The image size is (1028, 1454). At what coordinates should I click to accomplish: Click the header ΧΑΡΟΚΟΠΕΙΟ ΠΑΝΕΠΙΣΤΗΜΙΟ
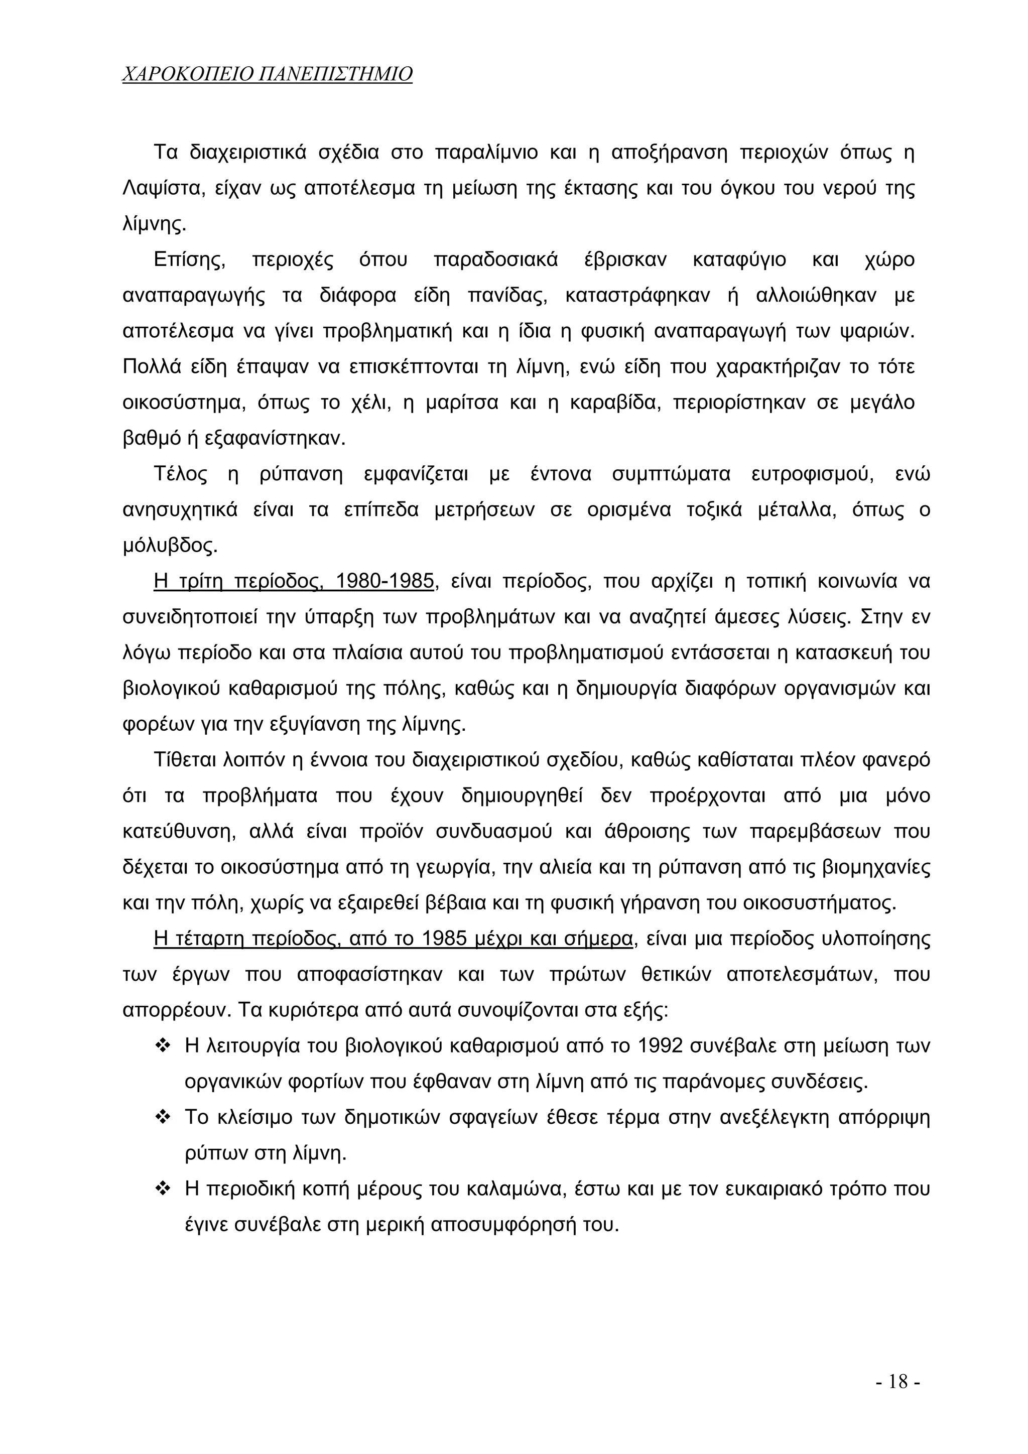pyautogui.click(x=267, y=74)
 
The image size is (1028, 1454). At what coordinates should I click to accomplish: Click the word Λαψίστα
pyautogui.click(x=162, y=189)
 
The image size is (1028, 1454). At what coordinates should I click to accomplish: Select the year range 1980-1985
pyautogui.click(x=384, y=581)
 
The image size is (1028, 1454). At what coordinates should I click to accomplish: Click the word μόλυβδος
pyautogui.click(x=169, y=546)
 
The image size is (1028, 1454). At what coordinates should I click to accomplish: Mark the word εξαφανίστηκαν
pyautogui.click(x=276, y=438)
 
